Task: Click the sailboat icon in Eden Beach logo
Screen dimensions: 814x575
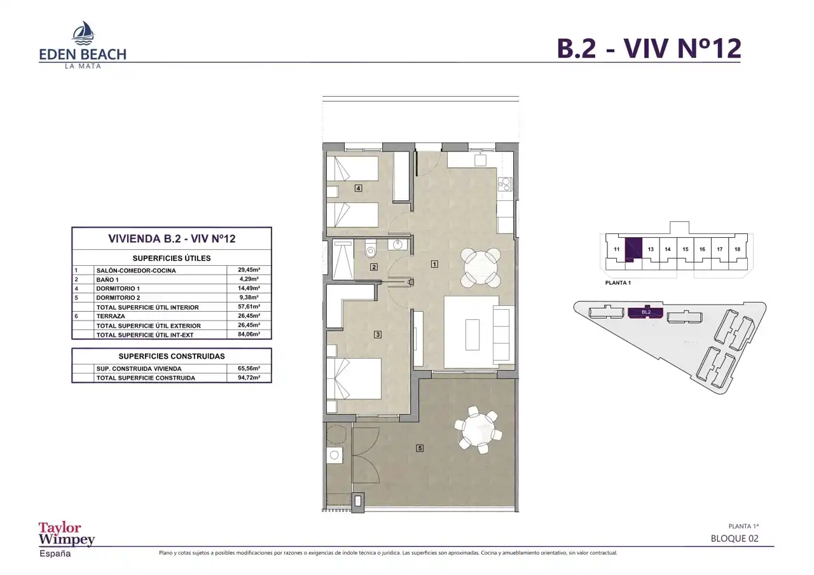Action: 83,32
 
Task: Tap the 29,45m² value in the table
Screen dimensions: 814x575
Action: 249,270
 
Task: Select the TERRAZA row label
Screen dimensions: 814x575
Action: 111,316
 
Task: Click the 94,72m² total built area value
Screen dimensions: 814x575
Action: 249,378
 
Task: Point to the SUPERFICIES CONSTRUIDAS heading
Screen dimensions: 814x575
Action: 172,356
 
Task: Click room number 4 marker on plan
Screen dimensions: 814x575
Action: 358,188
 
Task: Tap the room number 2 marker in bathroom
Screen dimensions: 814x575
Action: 373,267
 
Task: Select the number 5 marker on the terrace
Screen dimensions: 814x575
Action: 420,448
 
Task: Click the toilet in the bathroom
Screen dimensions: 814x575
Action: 370,248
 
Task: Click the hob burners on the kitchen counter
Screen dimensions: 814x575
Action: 505,184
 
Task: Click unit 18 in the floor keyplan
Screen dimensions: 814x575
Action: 737,249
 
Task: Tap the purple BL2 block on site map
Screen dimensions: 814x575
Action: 645,312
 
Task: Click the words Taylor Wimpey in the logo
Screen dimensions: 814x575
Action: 67,534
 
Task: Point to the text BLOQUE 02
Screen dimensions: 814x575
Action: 735,539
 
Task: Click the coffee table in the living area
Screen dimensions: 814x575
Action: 473,335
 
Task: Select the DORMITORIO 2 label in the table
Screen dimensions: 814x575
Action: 118,298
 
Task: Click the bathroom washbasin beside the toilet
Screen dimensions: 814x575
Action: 398,245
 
